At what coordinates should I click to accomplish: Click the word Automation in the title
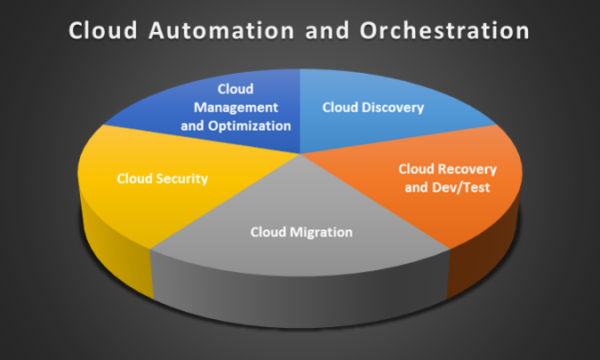pos(221,30)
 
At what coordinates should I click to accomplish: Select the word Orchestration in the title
pos(444,30)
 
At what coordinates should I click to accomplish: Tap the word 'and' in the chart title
pos(327,30)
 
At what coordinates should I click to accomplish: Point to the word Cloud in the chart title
pos(103,30)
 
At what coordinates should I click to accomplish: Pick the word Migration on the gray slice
pos(321,232)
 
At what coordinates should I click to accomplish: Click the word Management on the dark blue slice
pos(236,108)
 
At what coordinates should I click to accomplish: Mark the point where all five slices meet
pos(300,154)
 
